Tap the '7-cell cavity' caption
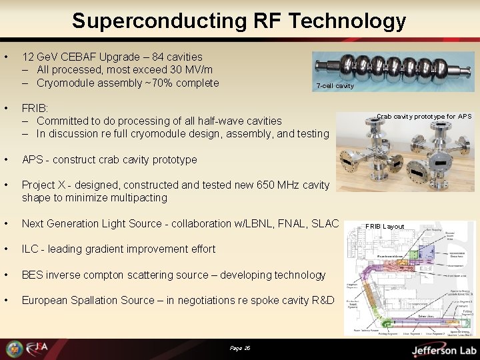click(335, 86)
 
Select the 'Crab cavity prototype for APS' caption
click(423, 117)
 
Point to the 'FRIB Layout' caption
click(385, 227)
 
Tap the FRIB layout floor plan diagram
click(409, 280)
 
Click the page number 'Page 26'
click(239, 349)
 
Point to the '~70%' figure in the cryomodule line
click(156, 83)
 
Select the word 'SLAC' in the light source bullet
click(324, 223)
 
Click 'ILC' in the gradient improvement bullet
click(29, 249)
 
